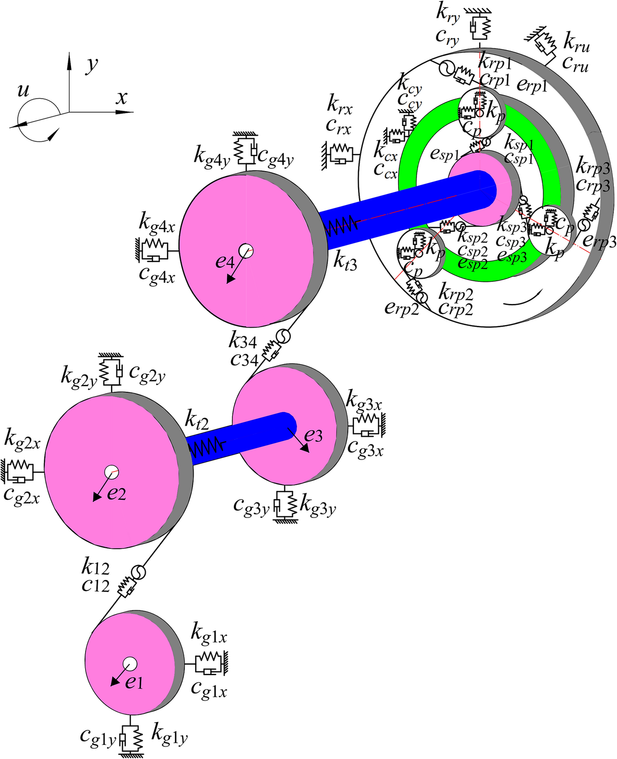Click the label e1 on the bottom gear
click(x=135, y=682)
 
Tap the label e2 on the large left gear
click(x=116, y=493)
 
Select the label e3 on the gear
click(x=313, y=435)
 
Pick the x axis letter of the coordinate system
click(x=122, y=98)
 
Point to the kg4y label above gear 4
click(x=211, y=155)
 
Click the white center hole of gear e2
click(x=111, y=472)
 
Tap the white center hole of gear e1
click(x=129, y=664)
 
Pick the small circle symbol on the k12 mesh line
click(x=138, y=572)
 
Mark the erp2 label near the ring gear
click(x=401, y=308)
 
